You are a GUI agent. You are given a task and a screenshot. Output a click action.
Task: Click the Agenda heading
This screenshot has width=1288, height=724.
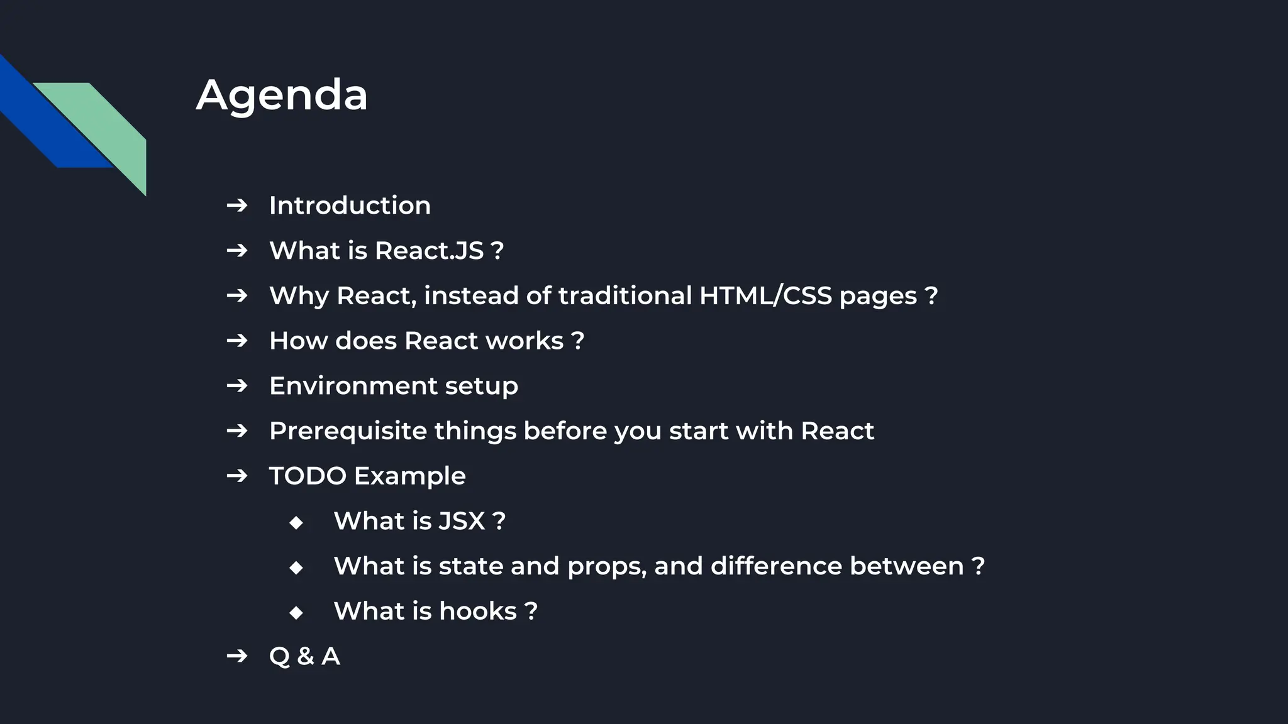coord(282,96)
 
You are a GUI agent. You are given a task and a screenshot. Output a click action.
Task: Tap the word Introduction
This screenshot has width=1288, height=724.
coord(350,206)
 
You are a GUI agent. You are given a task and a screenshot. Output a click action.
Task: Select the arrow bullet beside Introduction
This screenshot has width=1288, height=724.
coord(237,206)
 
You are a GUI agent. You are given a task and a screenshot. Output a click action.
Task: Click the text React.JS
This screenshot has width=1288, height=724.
coord(430,251)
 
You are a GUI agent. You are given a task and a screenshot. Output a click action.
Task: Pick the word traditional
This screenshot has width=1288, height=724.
coord(625,295)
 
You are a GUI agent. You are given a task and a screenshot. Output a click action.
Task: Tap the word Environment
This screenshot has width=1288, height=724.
coord(353,386)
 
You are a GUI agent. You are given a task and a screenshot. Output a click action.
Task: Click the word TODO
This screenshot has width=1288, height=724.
coord(308,476)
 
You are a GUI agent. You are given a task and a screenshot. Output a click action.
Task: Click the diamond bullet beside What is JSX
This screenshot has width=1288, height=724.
coord(296,522)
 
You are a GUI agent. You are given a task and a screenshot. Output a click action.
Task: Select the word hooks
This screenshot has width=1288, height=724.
coord(478,612)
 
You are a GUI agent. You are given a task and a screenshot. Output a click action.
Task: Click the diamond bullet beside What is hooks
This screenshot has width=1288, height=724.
coord(296,613)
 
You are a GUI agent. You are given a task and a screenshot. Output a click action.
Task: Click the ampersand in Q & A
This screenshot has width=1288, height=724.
coord(306,657)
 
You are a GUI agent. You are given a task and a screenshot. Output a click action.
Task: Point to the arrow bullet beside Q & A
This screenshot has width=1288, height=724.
coord(237,656)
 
